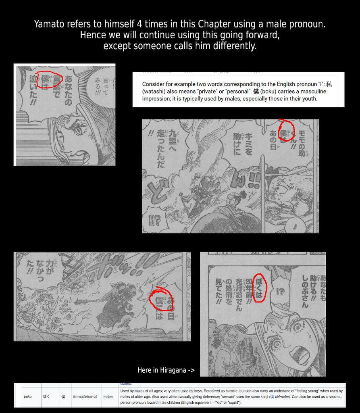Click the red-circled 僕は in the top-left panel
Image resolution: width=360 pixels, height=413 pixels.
coord(49,80)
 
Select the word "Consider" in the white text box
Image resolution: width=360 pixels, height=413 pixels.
coord(155,84)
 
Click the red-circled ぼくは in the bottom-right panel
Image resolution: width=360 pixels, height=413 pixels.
coord(259,287)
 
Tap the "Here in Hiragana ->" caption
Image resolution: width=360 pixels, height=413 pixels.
coord(166,370)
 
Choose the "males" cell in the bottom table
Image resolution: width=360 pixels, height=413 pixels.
coord(108,396)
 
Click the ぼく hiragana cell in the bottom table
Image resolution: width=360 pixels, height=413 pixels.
coord(47,396)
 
